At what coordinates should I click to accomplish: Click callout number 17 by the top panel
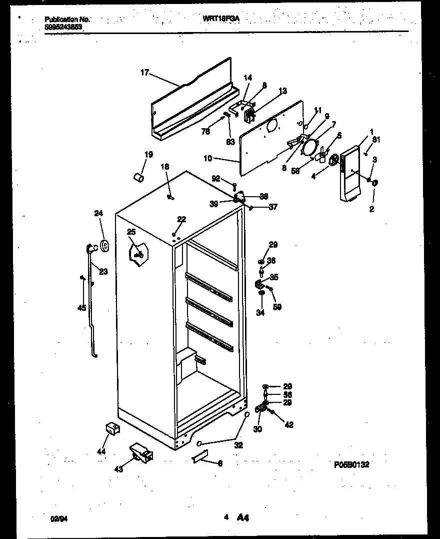144,73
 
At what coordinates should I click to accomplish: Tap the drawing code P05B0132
351,465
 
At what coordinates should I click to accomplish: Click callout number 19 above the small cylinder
149,155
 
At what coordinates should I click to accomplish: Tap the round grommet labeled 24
105,245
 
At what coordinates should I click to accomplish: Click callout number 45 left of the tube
81,308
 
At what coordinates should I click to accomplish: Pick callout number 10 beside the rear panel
208,159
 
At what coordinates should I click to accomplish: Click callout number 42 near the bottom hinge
288,425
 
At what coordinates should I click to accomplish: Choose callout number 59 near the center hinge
276,307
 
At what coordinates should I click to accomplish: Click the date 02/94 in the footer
58,519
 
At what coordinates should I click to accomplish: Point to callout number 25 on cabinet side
131,232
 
